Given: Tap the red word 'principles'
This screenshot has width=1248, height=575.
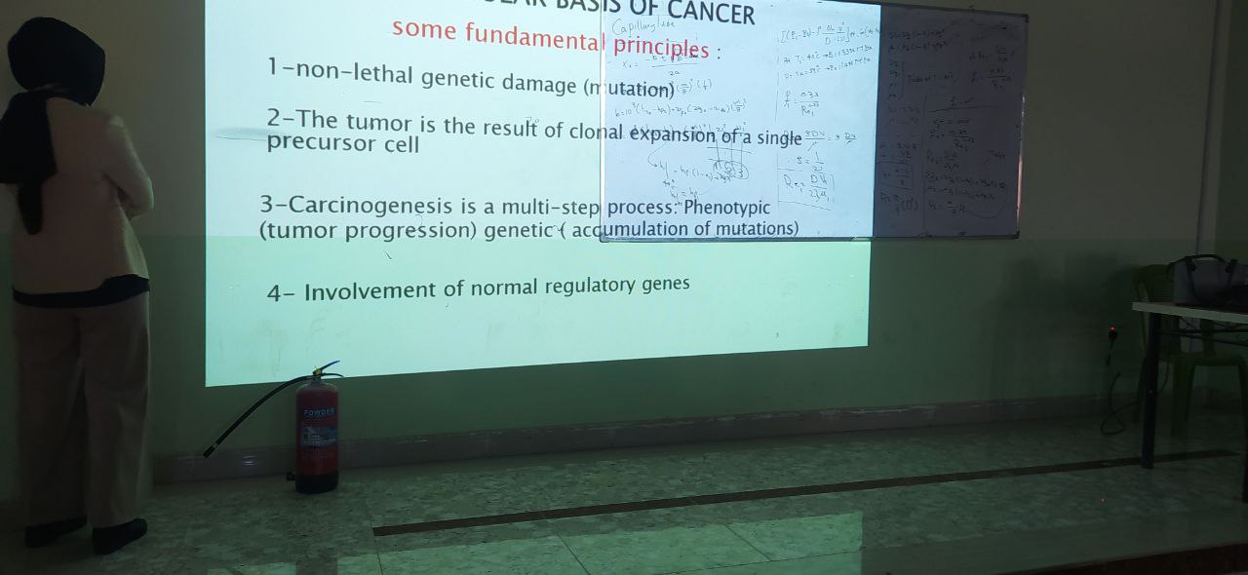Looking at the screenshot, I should pos(661,47).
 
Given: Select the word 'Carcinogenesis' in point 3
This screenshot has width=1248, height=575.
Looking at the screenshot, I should pos(370,206).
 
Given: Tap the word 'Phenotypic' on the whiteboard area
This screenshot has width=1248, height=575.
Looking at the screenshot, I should pos(726,208).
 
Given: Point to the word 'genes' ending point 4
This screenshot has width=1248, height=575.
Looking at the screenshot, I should pos(666,284).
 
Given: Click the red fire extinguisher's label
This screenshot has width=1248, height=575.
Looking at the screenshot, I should pos(319,429).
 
